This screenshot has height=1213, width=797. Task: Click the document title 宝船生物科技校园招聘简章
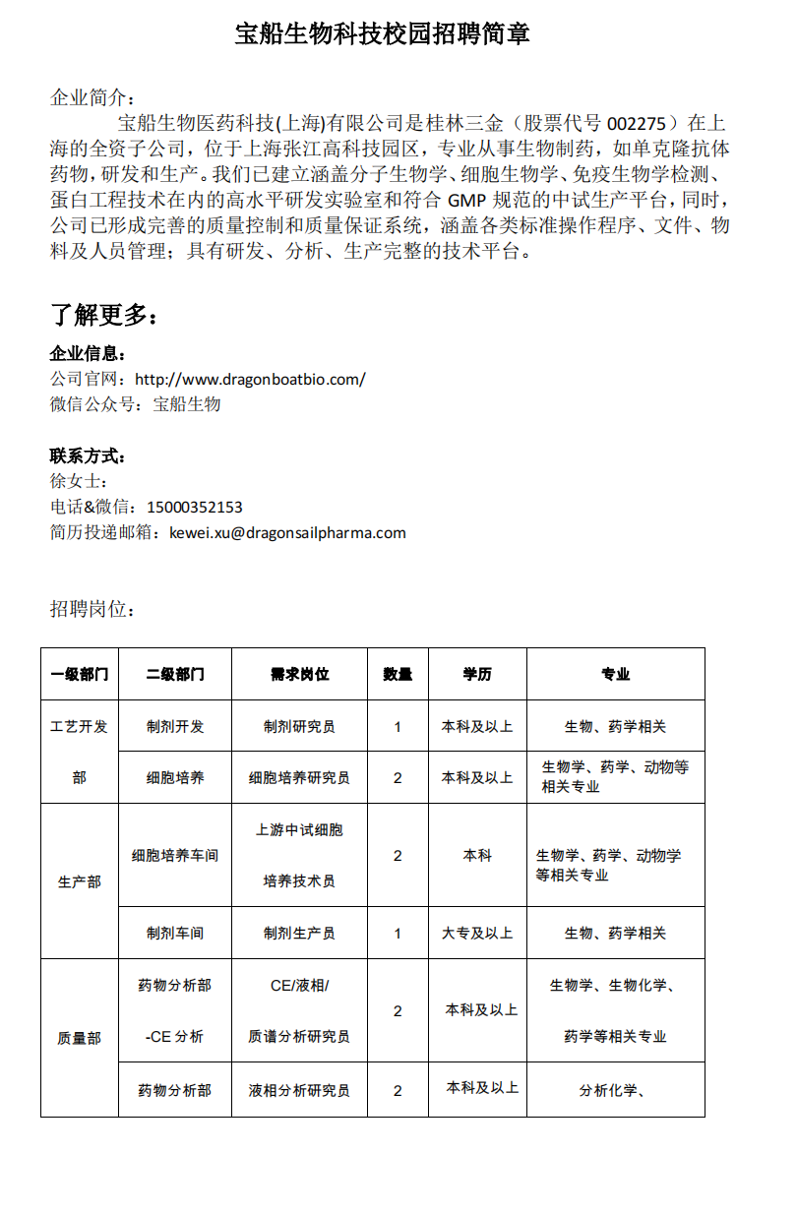click(382, 34)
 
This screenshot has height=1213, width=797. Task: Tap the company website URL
click(250, 379)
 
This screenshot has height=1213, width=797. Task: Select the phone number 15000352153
click(194, 508)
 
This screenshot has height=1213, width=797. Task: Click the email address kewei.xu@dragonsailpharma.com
click(287, 533)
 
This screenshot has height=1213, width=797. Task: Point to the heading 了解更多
click(103, 315)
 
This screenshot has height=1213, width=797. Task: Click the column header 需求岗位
click(299, 675)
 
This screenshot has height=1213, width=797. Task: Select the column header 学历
click(477, 675)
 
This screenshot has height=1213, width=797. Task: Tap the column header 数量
click(398, 675)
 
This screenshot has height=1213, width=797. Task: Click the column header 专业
click(615, 675)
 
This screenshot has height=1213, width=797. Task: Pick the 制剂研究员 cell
click(299, 727)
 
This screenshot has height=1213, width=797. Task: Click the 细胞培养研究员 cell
click(299, 778)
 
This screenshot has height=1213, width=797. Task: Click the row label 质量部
click(79, 1038)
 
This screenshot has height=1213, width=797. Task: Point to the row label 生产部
click(79, 881)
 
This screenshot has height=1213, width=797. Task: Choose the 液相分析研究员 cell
click(299, 1090)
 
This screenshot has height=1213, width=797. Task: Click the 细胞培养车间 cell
click(175, 856)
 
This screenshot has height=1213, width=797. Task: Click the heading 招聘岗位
click(92, 610)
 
